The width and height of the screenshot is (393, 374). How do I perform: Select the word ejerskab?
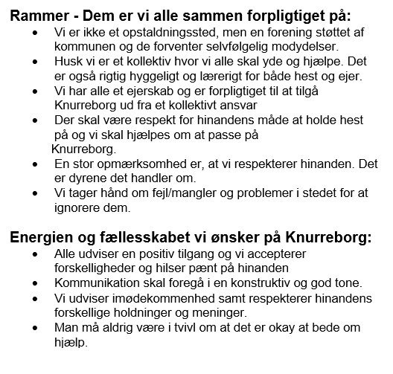(138, 90)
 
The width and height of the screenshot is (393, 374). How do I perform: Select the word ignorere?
(79, 208)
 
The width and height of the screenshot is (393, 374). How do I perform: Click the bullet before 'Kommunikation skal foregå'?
(39, 284)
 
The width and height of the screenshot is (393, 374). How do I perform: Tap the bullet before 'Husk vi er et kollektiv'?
(39, 62)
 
